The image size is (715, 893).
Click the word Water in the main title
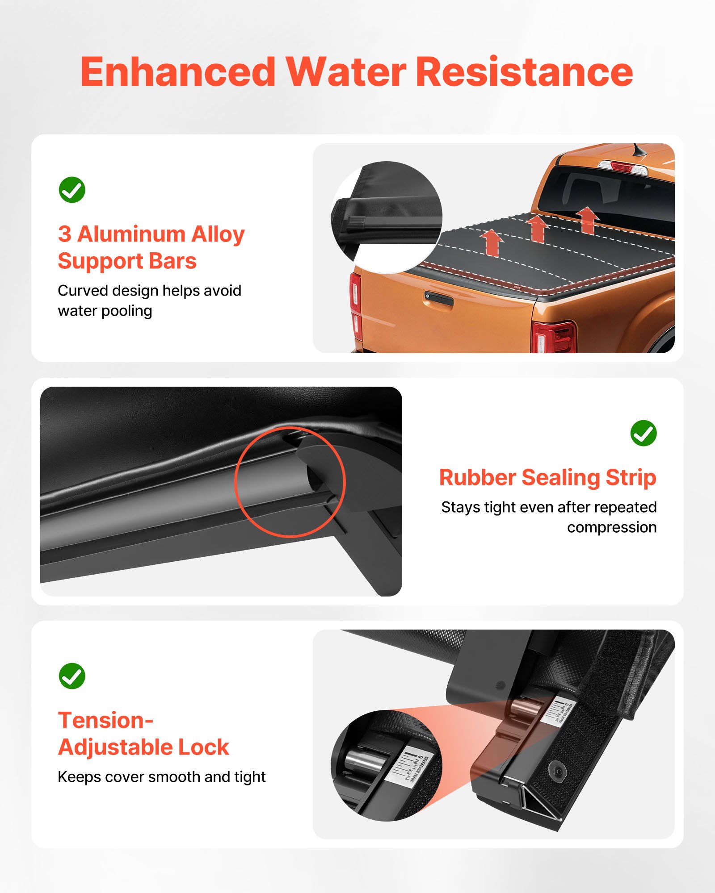click(x=346, y=72)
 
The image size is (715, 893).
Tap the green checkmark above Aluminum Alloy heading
click(x=72, y=190)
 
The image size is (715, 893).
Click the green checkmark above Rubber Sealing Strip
click(x=643, y=433)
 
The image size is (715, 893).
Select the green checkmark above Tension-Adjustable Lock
click(x=72, y=676)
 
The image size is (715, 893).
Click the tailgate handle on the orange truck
click(x=438, y=299)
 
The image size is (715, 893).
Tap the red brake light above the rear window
click(x=622, y=167)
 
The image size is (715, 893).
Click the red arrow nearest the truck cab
click(x=588, y=220)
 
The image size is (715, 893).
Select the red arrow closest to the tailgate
click(x=492, y=242)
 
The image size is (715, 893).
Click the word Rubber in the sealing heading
click(x=477, y=477)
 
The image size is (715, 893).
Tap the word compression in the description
click(x=611, y=527)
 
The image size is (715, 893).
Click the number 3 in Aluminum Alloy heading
click(x=65, y=234)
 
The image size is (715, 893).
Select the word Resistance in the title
click(x=524, y=72)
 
